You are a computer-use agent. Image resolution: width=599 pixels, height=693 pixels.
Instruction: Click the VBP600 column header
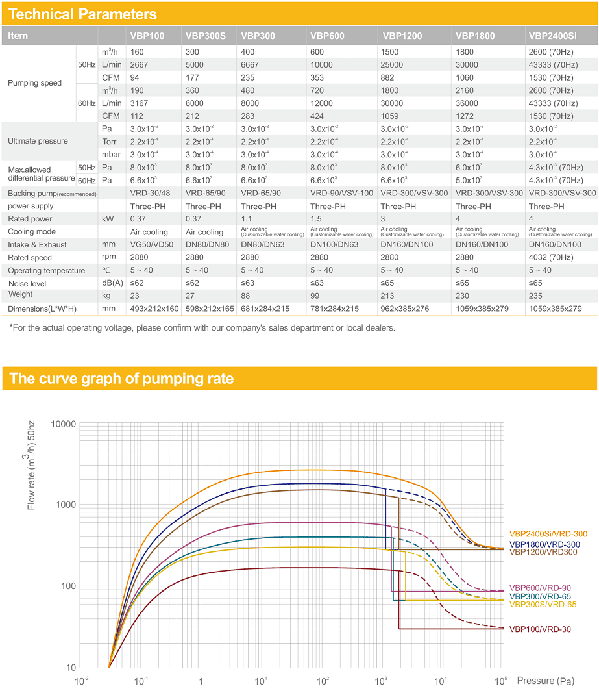(327, 36)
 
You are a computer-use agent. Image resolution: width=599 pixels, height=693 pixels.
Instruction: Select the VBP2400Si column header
(553, 36)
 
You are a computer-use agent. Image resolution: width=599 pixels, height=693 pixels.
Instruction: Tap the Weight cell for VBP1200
(387, 296)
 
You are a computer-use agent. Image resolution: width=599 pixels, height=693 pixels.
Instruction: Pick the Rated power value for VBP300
(246, 219)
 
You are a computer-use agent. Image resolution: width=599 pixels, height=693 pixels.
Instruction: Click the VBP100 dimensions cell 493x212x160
(154, 309)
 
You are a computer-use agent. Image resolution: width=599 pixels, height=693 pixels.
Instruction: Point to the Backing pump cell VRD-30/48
(150, 193)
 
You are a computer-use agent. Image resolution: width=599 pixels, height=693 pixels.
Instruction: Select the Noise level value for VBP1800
(462, 283)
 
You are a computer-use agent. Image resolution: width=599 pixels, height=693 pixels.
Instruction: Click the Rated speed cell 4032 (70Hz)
(551, 257)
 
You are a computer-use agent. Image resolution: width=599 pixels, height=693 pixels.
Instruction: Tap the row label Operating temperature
(46, 270)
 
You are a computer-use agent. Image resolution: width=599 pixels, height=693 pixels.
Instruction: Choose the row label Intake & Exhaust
(37, 244)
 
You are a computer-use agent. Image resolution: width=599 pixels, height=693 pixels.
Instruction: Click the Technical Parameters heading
(82, 14)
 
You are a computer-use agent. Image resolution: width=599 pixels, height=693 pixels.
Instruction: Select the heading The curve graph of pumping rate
(121, 379)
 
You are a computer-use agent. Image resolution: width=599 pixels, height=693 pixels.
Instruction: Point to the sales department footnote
(202, 328)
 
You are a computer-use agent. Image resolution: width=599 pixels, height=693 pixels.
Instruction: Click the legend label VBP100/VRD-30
(540, 629)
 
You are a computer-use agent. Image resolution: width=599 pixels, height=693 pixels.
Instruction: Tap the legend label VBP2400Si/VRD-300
(548, 534)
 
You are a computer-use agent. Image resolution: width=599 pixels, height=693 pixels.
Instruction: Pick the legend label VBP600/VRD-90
(540, 588)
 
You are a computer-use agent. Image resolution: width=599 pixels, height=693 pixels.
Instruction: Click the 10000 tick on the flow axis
(63, 424)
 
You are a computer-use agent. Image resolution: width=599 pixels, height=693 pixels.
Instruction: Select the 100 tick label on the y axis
(69, 586)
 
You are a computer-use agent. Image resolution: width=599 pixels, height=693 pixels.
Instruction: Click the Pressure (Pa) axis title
(546, 681)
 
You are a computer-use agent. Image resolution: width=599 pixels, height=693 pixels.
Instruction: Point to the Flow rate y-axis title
(30, 465)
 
